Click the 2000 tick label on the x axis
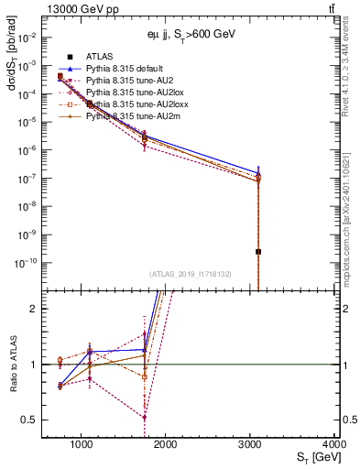(166, 444)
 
